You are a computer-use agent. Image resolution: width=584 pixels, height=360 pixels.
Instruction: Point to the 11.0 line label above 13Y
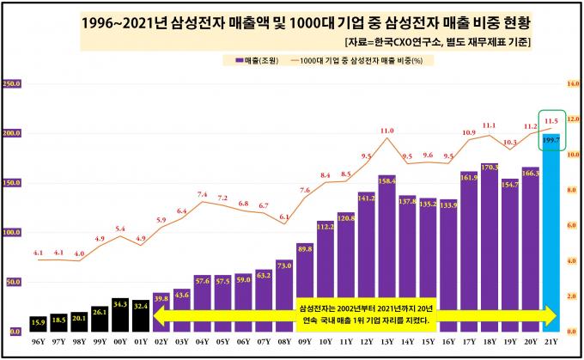tap(386, 131)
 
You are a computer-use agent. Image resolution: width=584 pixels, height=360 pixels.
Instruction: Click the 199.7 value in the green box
tap(551, 139)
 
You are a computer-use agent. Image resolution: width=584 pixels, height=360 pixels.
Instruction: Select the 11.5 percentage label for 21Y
tap(552, 121)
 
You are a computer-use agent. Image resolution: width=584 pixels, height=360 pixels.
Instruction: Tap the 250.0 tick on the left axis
tap(12, 84)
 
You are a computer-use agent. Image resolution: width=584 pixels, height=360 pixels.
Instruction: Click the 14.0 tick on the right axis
tap(574, 84)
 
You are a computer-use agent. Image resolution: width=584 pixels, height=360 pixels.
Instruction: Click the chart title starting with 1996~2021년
tap(292, 21)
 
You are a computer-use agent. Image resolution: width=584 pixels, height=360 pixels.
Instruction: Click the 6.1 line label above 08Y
tap(284, 218)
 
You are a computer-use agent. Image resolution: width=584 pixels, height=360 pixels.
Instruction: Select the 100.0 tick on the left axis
tap(12, 232)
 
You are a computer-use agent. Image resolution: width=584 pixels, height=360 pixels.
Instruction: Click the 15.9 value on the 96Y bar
tap(38, 322)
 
